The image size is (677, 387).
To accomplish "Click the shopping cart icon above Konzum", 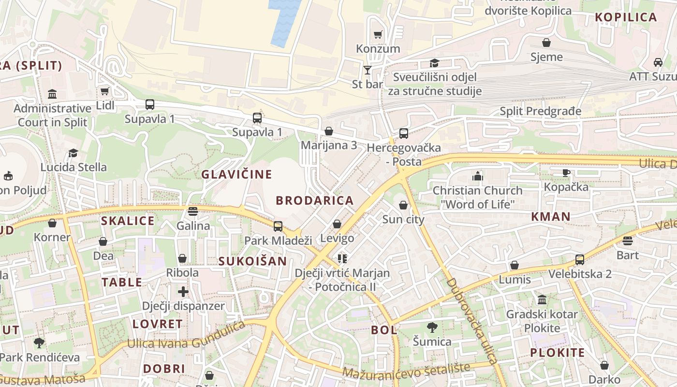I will [x=378, y=35].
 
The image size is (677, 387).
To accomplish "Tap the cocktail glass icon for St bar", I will [x=368, y=70].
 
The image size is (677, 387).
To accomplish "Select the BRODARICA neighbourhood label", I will [x=315, y=200].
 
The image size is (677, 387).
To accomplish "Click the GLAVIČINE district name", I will [x=236, y=174].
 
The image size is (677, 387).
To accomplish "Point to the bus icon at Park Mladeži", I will [x=278, y=226].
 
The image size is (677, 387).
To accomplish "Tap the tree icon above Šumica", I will [x=432, y=327].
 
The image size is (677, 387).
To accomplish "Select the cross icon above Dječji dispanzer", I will [x=183, y=292].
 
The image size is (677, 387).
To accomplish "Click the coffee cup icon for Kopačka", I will [x=566, y=173].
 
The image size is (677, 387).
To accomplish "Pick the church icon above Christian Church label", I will [x=478, y=176].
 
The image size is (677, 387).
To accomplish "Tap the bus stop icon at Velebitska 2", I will [x=580, y=260].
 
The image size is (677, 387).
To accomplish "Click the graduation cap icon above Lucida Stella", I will [x=73, y=153].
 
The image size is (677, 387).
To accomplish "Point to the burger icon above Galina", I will [x=193, y=211].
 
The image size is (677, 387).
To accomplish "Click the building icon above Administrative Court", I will [x=52, y=94].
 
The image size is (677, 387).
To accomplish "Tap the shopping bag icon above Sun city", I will [x=403, y=206].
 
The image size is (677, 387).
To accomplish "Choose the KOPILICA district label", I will [x=626, y=17].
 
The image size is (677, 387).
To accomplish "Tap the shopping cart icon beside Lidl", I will [x=104, y=91].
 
